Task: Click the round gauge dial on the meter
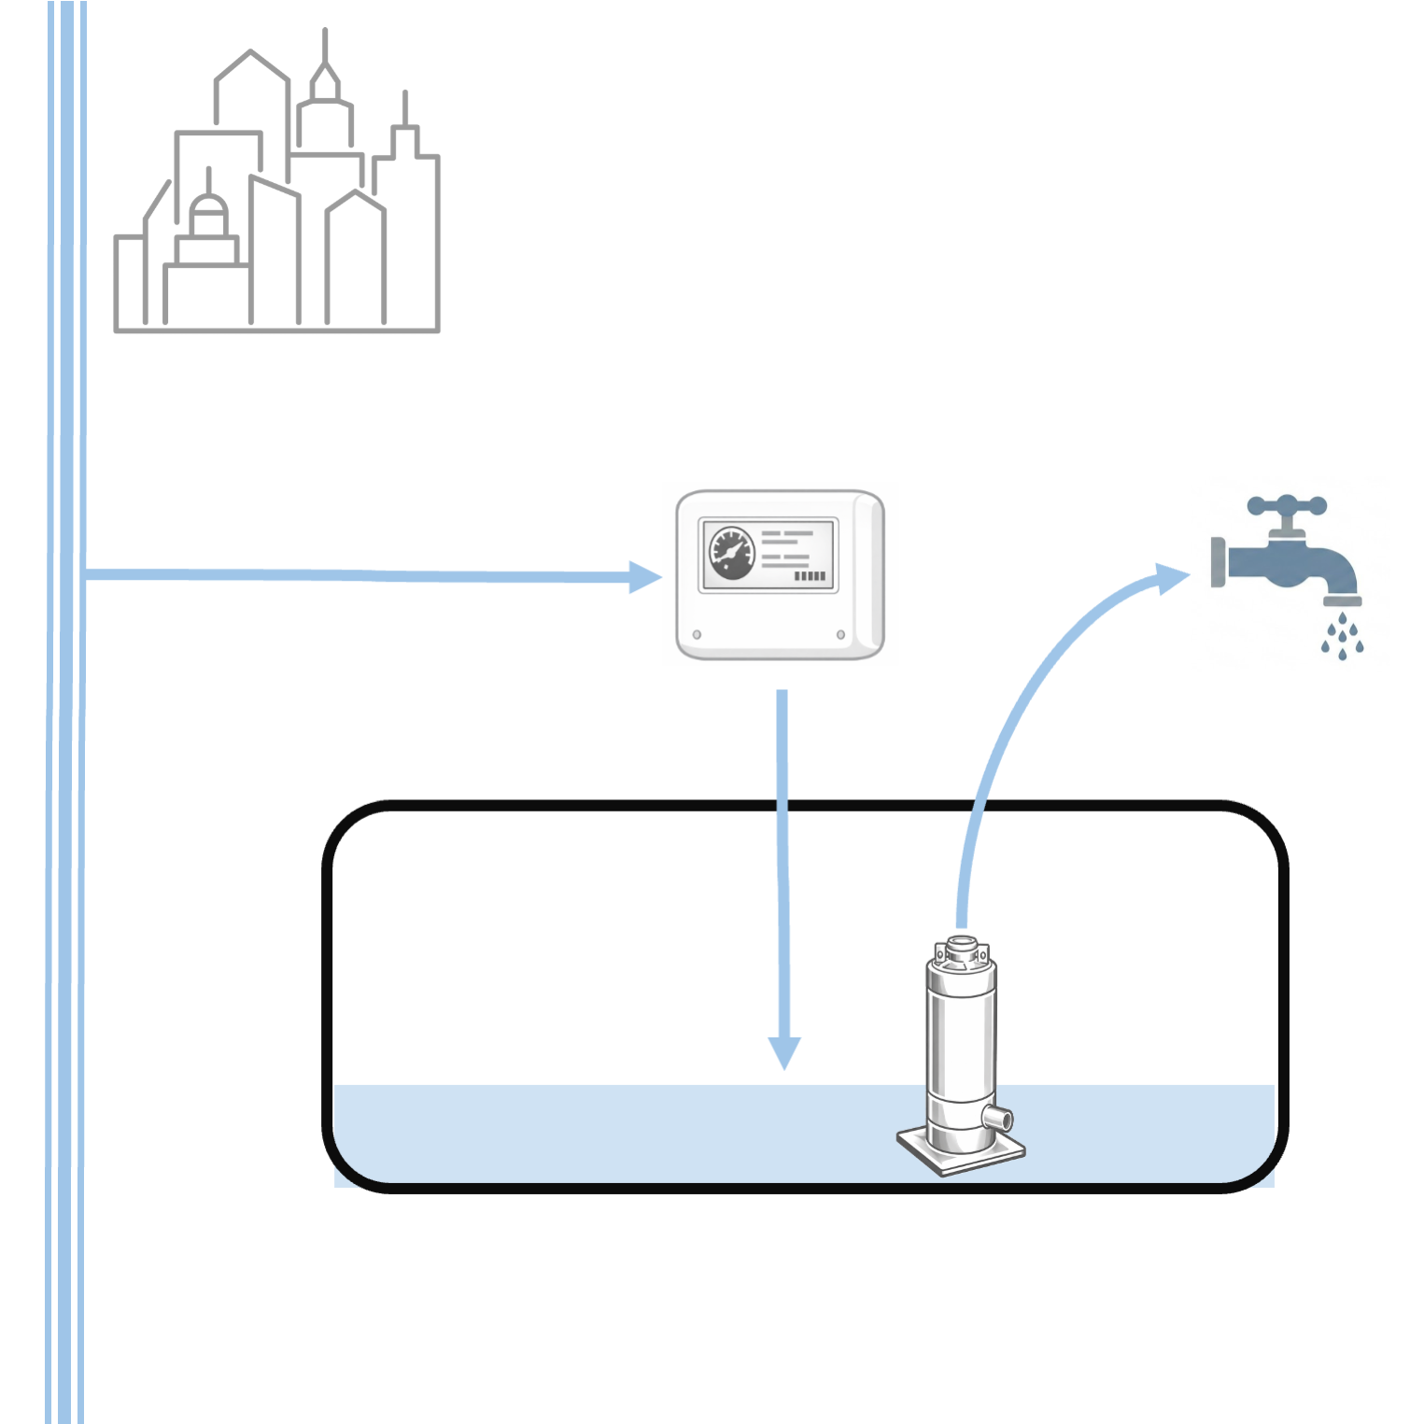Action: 731,553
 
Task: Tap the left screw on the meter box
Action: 697,635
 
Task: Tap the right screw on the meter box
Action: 840,635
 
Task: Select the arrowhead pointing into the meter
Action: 644,577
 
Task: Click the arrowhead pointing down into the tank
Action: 784,1052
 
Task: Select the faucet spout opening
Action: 1342,601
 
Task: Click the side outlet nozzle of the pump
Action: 999,1116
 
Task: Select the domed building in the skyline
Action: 208,219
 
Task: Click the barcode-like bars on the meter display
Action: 810,576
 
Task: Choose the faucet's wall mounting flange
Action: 1218,562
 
